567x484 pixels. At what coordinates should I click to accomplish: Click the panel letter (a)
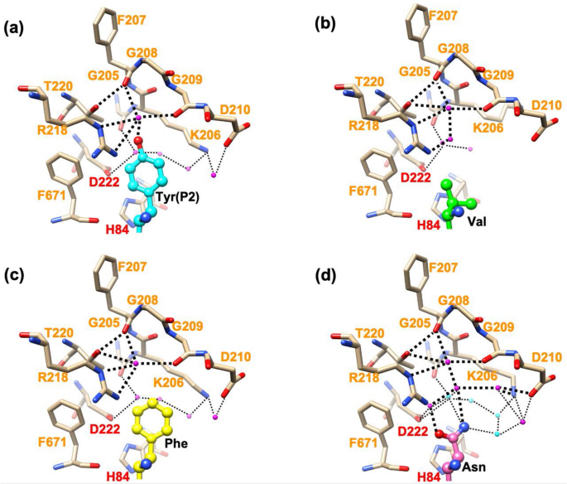(x=14, y=27)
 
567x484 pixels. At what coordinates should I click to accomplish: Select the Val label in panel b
(x=475, y=222)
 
